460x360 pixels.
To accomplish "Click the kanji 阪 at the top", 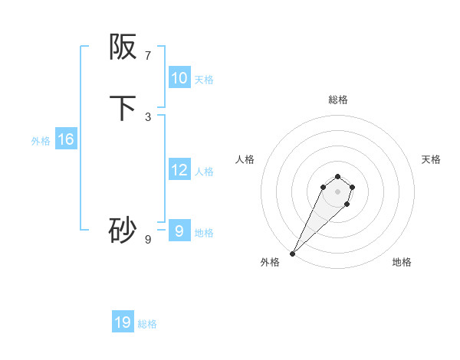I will point(123,48).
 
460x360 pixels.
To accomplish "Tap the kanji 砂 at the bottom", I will point(123,230).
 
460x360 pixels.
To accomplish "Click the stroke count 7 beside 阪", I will point(148,56).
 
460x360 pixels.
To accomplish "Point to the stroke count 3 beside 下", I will point(148,117).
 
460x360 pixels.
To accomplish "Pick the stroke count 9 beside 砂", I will point(148,240).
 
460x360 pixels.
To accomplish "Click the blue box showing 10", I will point(179,78).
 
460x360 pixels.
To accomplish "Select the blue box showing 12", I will point(179,170).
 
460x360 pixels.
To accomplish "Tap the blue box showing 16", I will point(65,139).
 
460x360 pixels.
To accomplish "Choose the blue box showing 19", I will point(123,322).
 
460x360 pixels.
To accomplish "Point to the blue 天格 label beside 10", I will point(204,79).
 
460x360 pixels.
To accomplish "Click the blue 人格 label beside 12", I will point(204,171).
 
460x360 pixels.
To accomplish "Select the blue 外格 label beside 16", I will point(41,140).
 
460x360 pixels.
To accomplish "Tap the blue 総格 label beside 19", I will point(147,323).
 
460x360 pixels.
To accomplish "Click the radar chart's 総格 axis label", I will point(337,100).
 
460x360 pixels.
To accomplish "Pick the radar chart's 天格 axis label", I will point(431,159).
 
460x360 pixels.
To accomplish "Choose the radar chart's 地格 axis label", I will point(402,262).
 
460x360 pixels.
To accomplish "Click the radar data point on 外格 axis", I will point(292,253).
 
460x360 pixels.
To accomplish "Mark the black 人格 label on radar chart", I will point(245,159).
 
